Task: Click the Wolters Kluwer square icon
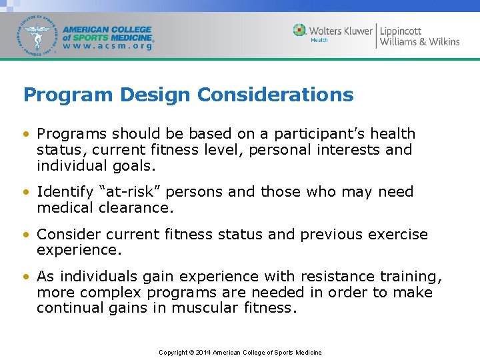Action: pos(300,31)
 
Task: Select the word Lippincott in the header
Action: pos(401,31)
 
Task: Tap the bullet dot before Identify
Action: pos(27,192)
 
